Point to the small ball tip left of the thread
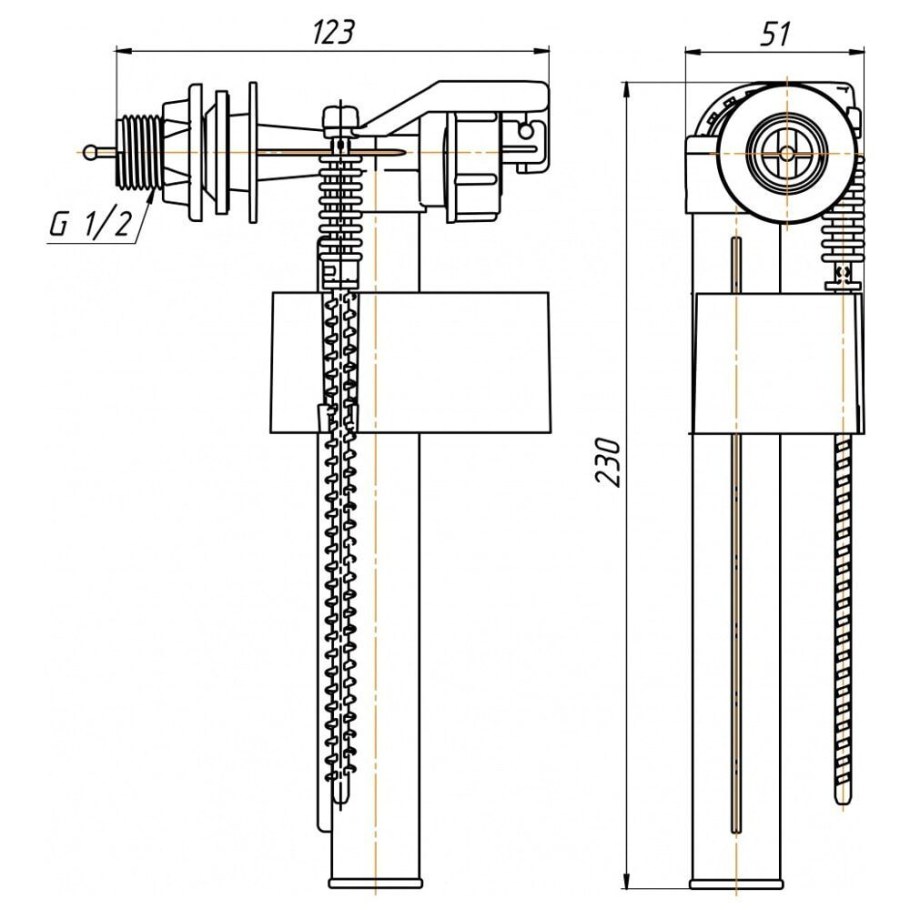click(92, 152)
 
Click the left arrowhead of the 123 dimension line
click(121, 46)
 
